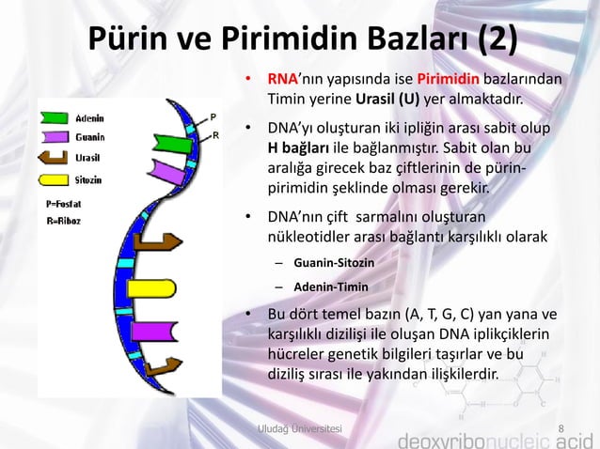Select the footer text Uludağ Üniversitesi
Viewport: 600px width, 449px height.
pyautogui.click(x=300, y=429)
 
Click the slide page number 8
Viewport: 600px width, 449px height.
pyautogui.click(x=561, y=429)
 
